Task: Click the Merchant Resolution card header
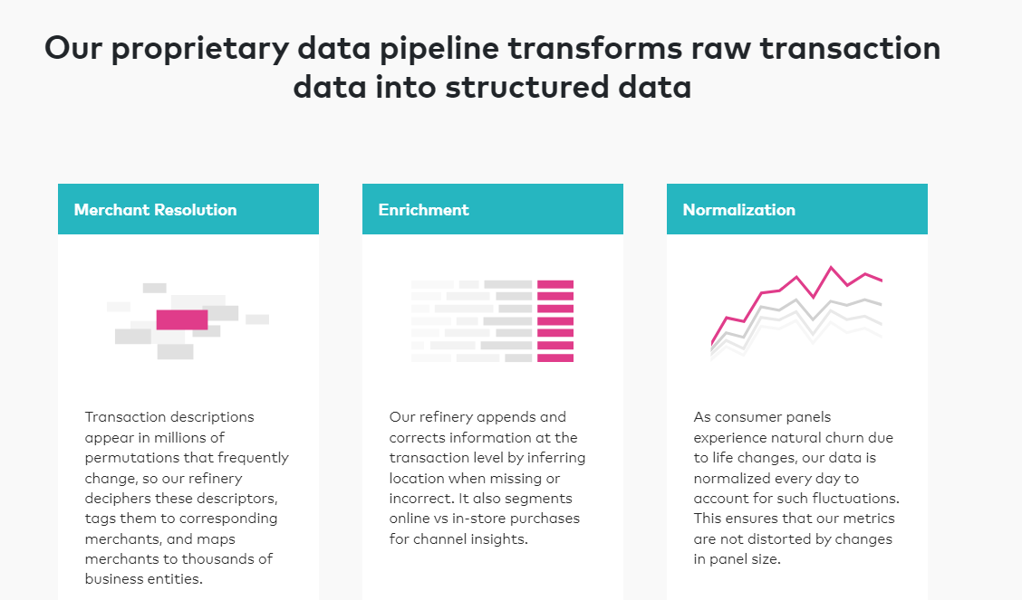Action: tap(188, 209)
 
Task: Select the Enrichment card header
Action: tap(493, 209)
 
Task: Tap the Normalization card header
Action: tap(797, 209)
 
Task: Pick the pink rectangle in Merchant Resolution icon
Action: tap(182, 319)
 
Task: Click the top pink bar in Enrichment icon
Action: tap(555, 284)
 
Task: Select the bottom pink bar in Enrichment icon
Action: tap(555, 357)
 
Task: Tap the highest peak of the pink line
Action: tap(831, 268)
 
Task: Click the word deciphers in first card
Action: tap(112, 499)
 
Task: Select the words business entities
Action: tap(143, 579)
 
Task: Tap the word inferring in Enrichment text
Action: tap(556, 458)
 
